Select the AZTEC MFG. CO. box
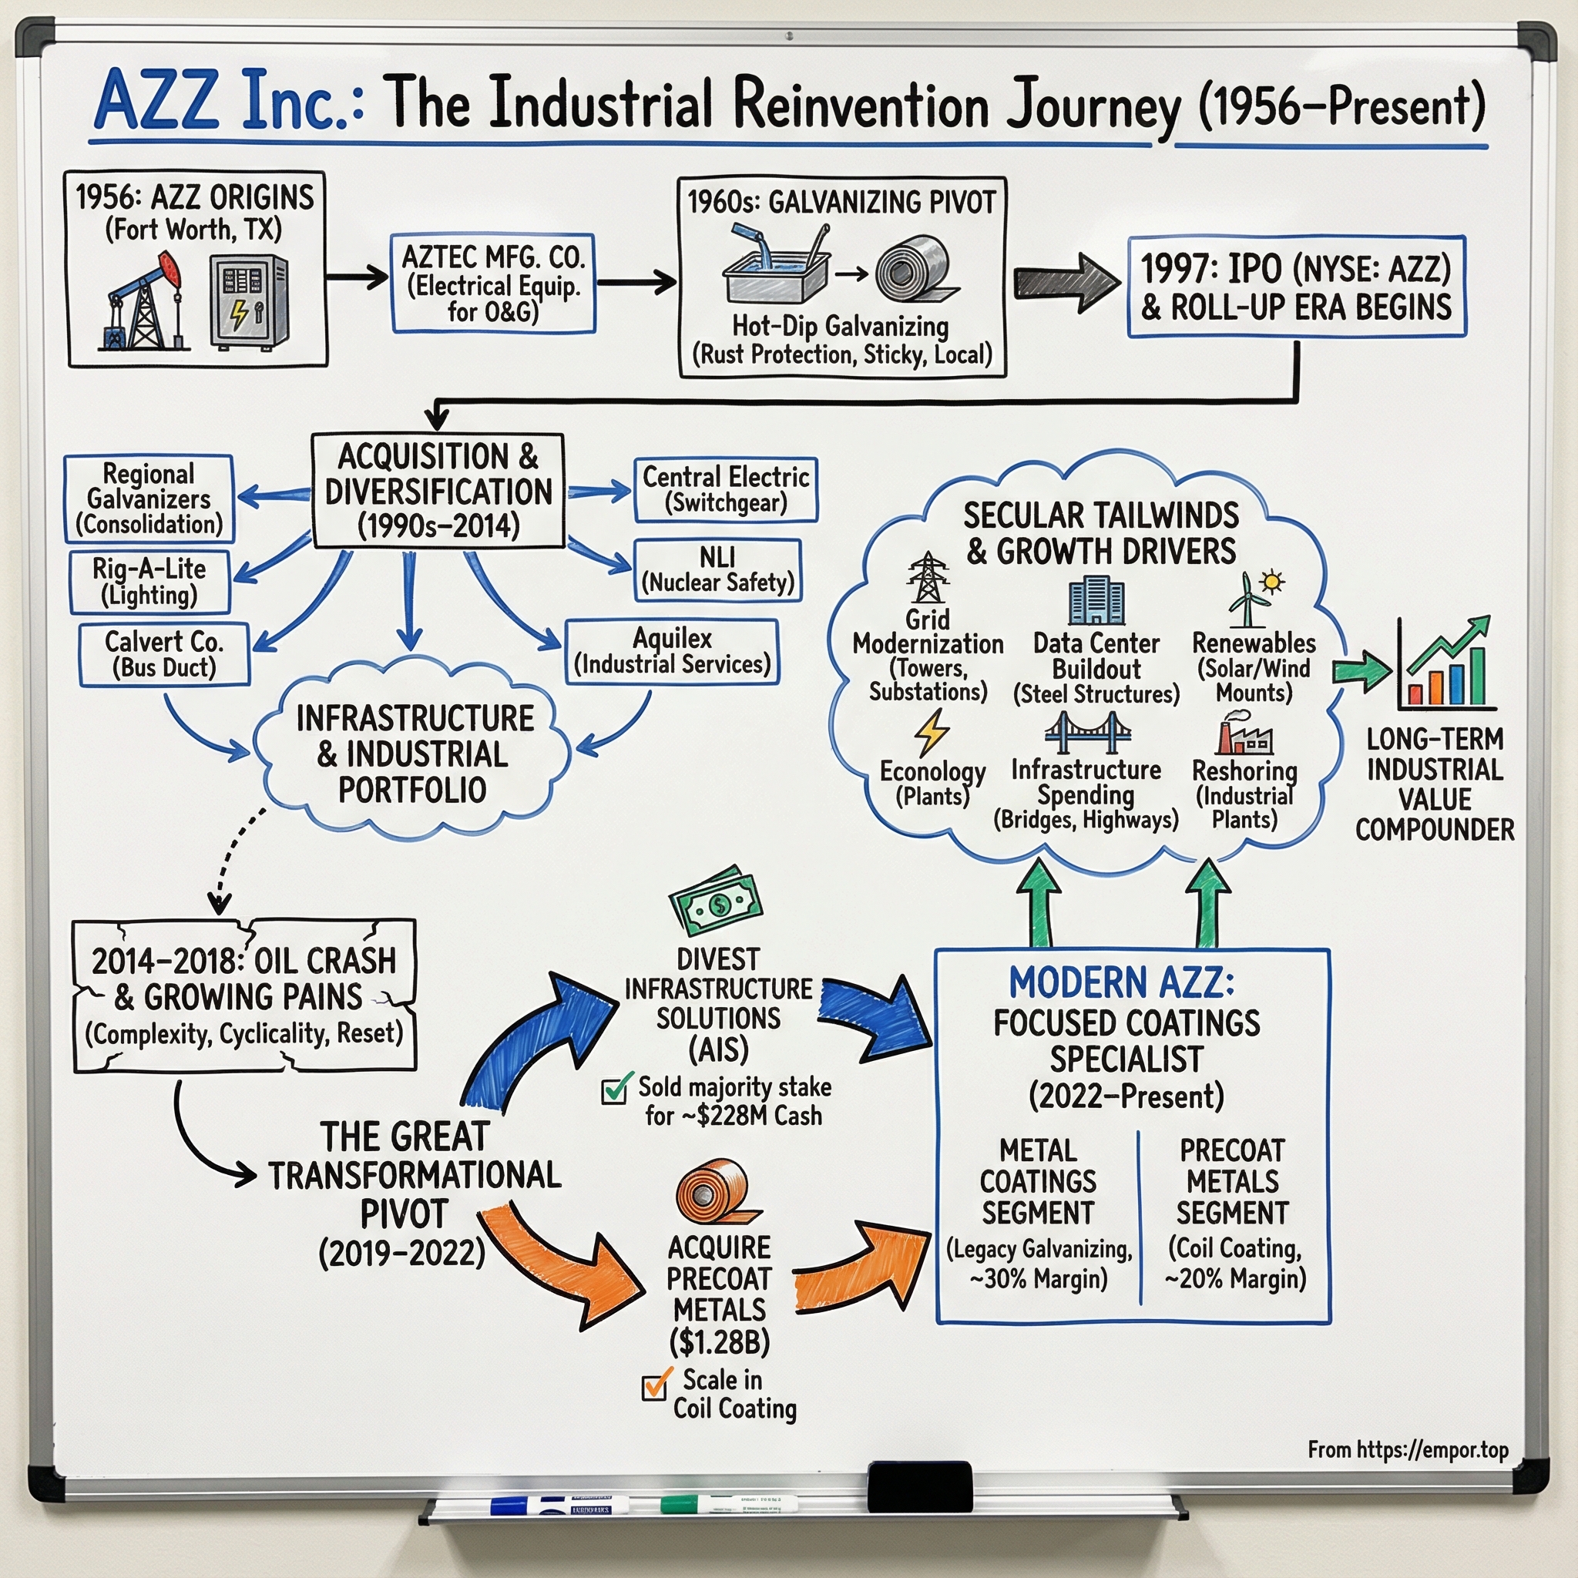tap(493, 284)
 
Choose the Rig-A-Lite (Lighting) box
tap(149, 582)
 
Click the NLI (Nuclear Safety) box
tap(717, 570)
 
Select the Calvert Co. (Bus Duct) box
tap(164, 654)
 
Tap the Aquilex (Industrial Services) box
tap(671, 651)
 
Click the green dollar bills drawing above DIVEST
tap(717, 901)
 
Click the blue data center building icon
tap(1096, 600)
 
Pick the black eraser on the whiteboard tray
tap(919, 1487)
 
